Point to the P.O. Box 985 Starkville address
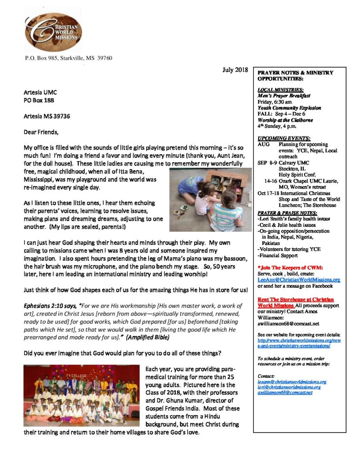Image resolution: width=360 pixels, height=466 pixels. coord(68,58)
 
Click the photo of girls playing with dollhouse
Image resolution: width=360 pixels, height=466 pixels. coord(210,199)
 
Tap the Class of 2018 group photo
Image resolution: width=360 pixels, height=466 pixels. coord(81,395)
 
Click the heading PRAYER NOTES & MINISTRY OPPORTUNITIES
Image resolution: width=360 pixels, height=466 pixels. coord(295,76)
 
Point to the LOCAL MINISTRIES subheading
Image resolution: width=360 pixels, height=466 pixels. coord(280,90)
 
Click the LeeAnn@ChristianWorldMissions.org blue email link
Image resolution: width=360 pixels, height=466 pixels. coord(299,280)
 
